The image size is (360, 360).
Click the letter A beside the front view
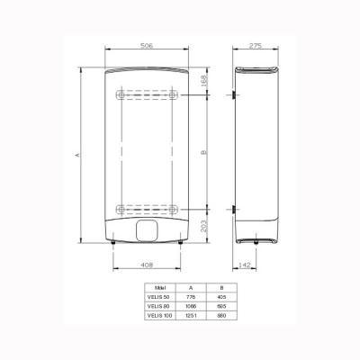tap(77, 154)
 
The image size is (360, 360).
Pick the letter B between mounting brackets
tap(204, 153)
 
